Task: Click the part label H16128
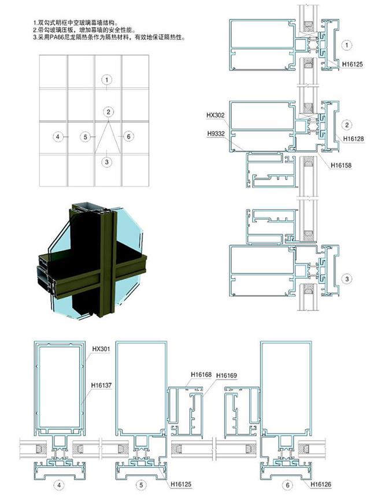353,139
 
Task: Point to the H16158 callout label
341,165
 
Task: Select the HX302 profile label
216,115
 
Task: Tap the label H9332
216,133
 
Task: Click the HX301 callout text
101,349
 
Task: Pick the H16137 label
101,385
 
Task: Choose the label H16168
201,375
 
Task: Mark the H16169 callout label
227,375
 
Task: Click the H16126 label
321,484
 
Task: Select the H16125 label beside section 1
353,64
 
